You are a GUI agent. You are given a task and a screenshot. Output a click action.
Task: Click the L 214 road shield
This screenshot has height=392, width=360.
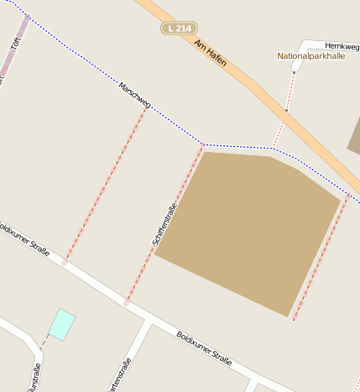pyautogui.click(x=178, y=29)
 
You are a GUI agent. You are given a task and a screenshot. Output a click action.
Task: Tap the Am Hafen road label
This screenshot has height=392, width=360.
pyautogui.click(x=210, y=52)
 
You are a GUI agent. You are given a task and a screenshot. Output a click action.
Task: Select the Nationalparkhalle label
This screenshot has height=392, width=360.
pyautogui.click(x=310, y=56)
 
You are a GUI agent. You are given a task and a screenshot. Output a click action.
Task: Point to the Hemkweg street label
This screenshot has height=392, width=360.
pyautogui.click(x=342, y=46)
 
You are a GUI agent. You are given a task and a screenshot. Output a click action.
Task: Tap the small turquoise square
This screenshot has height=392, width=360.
pyautogui.click(x=61, y=324)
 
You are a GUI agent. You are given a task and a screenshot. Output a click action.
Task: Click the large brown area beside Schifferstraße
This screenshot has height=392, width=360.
pyautogui.click(x=252, y=227)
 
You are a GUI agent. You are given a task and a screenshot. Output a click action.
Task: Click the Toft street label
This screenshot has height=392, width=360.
pyautogui.click(x=16, y=41)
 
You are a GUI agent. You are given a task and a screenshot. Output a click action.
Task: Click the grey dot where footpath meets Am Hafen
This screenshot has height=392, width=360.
pyautogui.click(x=285, y=110)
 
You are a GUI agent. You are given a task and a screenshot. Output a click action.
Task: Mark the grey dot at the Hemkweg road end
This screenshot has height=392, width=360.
pyautogui.click(x=295, y=71)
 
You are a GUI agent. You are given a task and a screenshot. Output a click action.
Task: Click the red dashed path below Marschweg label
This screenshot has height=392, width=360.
pyautogui.click(x=105, y=185)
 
